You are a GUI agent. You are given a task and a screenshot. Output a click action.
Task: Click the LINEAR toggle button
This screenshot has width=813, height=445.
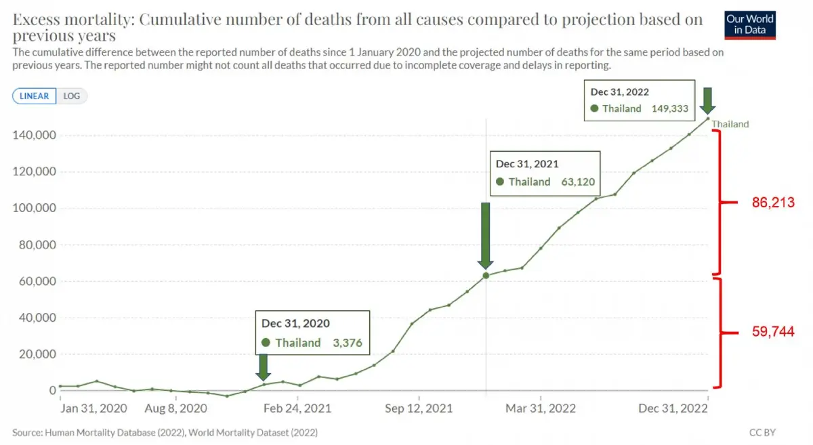[x=34, y=96]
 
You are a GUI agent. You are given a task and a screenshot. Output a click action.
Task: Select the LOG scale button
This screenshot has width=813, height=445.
[x=71, y=96]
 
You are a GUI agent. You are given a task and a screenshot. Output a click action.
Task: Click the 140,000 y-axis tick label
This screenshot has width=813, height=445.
[x=35, y=135]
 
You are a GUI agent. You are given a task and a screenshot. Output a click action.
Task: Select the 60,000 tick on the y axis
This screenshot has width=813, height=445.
[x=37, y=281]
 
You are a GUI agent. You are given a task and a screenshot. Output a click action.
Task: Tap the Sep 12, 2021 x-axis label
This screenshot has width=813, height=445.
[x=420, y=408]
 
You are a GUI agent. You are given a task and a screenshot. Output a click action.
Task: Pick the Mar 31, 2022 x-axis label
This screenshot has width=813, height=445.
[x=541, y=408]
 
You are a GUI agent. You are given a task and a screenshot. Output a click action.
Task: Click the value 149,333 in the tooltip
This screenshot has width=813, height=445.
[x=670, y=108]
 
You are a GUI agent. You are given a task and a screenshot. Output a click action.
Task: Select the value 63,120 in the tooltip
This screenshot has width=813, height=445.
[x=577, y=182]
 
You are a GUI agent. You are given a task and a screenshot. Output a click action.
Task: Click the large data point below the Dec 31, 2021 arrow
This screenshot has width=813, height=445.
[x=486, y=276]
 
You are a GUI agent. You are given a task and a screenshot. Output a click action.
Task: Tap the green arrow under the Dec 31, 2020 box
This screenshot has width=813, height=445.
[x=264, y=367]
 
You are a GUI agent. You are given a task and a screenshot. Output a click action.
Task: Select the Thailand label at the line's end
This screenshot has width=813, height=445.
[x=730, y=124]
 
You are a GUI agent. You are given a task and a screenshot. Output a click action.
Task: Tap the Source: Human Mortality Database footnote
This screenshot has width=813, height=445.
[x=165, y=431]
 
